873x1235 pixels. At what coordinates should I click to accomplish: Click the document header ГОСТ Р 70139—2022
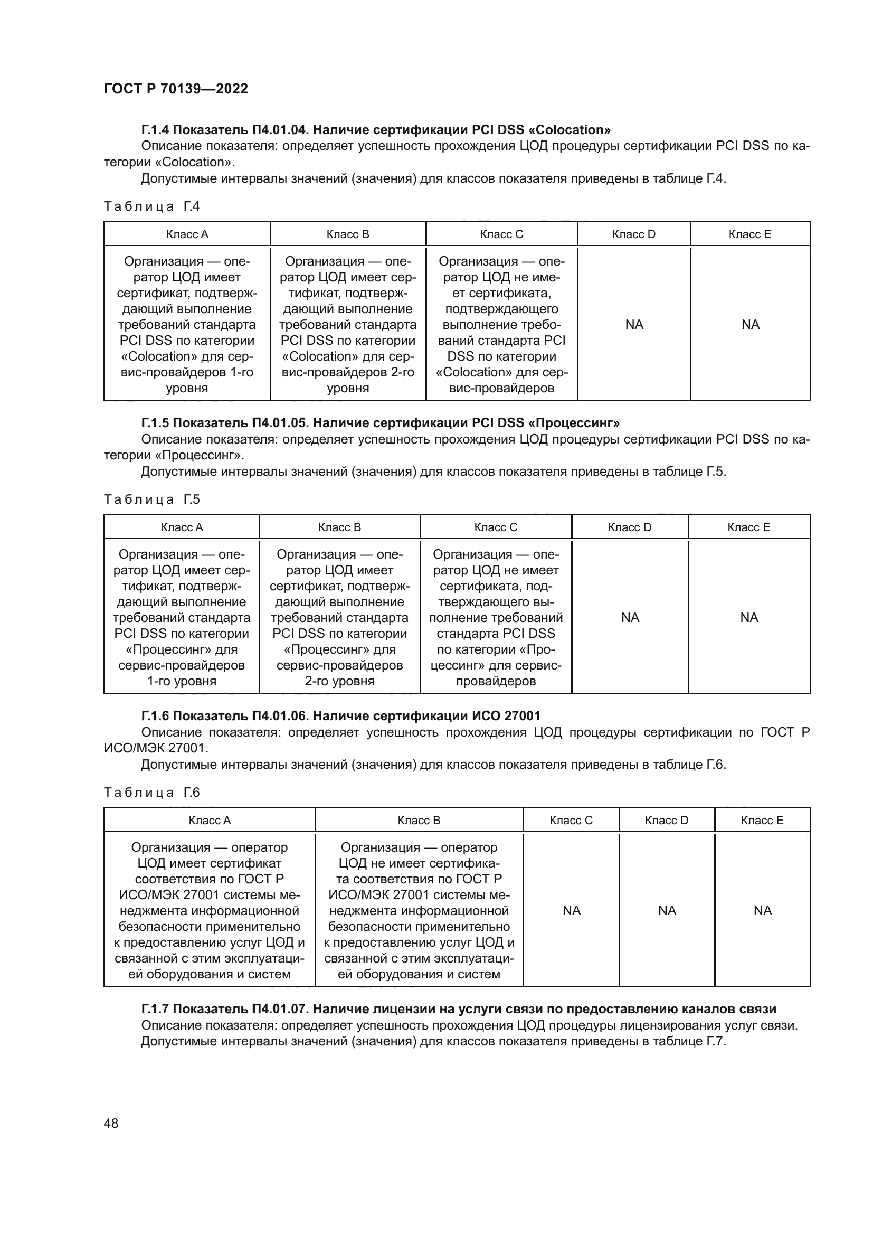click(x=176, y=89)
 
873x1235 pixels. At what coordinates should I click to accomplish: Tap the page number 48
click(x=111, y=1123)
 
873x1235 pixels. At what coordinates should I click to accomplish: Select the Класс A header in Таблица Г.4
click(x=187, y=234)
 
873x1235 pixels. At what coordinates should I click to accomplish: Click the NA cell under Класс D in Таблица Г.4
click(x=634, y=324)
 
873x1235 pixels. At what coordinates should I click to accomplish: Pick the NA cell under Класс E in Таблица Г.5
click(x=749, y=618)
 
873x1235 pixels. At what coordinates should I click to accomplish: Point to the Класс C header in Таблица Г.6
click(x=571, y=821)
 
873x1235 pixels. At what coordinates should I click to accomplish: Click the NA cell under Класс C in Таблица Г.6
click(x=571, y=911)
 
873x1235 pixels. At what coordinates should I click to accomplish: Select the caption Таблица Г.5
click(x=151, y=499)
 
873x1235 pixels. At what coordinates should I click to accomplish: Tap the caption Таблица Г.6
click(x=151, y=793)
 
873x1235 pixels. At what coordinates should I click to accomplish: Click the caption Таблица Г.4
click(x=151, y=206)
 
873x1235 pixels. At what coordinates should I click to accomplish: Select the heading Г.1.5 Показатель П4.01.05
click(x=380, y=423)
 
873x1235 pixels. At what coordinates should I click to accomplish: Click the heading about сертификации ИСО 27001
click(x=340, y=716)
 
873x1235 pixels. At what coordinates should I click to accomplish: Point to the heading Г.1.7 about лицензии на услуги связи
click(x=459, y=1009)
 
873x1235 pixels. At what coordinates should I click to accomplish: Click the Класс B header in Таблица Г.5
click(x=339, y=527)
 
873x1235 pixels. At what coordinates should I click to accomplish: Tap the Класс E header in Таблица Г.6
click(x=762, y=821)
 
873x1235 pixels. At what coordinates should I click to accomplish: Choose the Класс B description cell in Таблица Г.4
click(x=348, y=324)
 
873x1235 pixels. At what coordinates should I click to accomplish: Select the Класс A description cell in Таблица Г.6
click(x=209, y=911)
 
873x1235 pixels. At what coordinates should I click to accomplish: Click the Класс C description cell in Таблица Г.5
click(x=496, y=618)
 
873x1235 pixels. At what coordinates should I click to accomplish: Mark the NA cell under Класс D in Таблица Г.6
click(x=667, y=911)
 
